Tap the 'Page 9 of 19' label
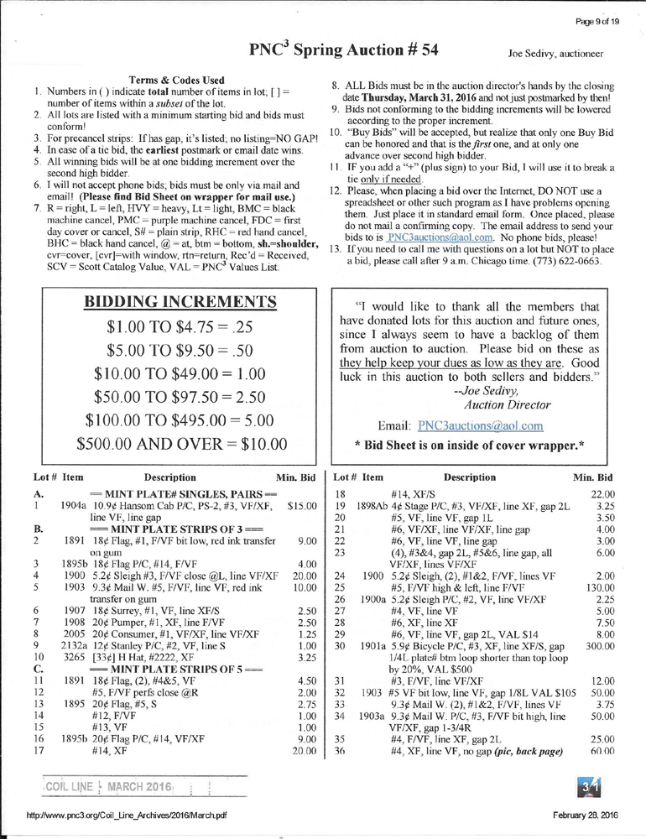tap(597, 10)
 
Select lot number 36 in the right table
tap(341, 725)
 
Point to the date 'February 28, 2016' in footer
tap(586, 816)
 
